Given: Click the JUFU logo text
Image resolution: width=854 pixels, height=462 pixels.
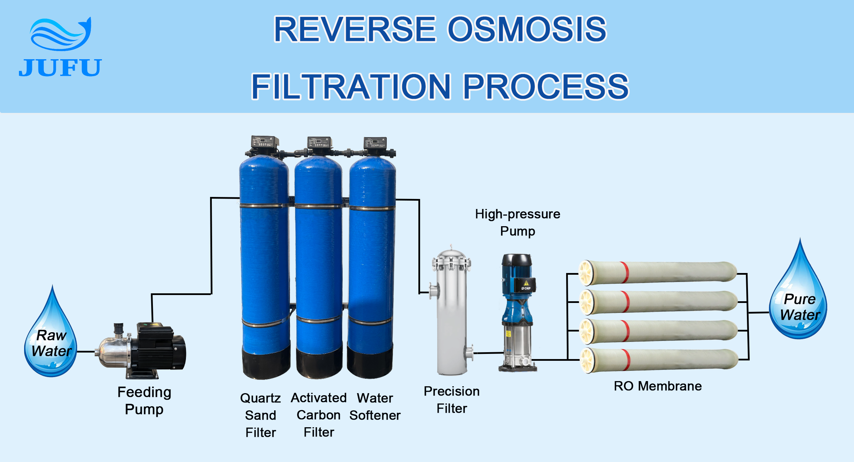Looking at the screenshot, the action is click(60, 67).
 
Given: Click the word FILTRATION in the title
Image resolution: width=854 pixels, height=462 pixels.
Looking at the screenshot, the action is click(351, 87).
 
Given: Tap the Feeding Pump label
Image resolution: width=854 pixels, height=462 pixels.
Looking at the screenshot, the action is click(144, 400).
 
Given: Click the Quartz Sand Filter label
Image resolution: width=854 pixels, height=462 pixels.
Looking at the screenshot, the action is click(261, 415).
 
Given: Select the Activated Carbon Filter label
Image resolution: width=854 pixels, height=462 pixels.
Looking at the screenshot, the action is click(319, 415).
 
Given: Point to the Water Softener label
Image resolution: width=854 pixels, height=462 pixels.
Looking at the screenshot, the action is click(375, 407).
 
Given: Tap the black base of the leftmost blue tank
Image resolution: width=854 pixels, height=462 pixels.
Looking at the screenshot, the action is click(266, 363).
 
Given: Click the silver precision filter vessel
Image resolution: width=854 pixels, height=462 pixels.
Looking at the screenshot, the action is click(451, 312).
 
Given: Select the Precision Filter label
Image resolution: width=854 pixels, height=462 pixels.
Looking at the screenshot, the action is click(452, 400).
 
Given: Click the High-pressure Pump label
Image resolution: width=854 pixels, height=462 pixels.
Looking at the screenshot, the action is click(518, 222).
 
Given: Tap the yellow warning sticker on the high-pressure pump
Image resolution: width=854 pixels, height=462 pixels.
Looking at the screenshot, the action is click(526, 283).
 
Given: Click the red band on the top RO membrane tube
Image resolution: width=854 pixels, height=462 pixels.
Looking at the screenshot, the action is click(625, 273).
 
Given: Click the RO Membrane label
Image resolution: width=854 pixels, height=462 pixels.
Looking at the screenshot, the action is click(658, 386).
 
